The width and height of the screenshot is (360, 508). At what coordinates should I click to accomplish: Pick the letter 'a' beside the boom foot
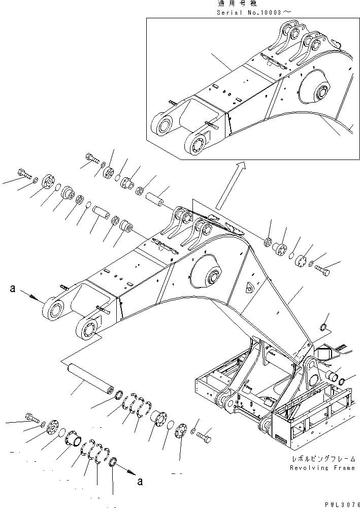[x=13, y=290]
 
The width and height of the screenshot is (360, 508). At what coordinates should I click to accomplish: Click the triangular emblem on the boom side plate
[x=249, y=288]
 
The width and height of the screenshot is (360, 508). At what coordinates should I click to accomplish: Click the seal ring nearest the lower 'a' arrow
[x=114, y=463]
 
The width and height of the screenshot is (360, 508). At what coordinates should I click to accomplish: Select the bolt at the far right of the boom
[x=322, y=270]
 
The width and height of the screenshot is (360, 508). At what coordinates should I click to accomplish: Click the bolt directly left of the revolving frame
[x=204, y=436]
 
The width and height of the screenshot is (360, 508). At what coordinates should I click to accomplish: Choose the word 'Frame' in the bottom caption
[x=343, y=468]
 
